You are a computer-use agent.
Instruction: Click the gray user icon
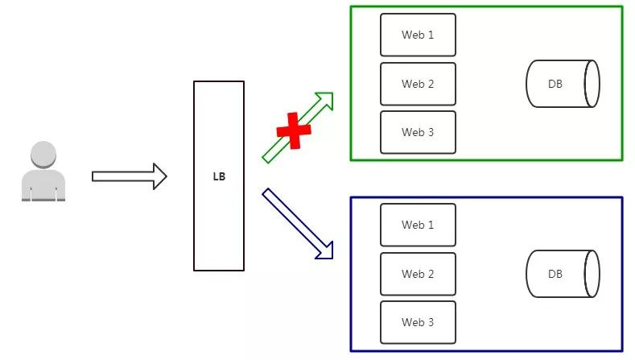pos(43,172)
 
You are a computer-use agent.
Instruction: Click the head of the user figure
pos(43,154)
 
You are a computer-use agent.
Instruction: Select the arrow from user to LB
pos(129,176)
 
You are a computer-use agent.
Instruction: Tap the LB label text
pos(219,176)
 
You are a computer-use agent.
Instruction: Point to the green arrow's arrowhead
pos(325,99)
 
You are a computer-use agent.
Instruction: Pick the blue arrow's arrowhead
pos(324,250)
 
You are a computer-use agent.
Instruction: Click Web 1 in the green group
pos(418,35)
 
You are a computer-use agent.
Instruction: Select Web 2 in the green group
pos(418,84)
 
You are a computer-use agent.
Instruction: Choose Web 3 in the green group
pos(418,132)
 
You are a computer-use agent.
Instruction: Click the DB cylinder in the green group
pos(563,84)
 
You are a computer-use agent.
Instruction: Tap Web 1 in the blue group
pos(418,225)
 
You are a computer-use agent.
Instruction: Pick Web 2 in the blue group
pos(418,274)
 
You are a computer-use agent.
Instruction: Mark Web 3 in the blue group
pos(418,322)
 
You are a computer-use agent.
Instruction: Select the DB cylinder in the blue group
pos(563,274)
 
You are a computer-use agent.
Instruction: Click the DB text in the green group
pos(555,84)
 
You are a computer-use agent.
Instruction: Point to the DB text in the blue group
pos(555,274)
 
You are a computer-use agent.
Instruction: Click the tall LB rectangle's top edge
pos(219,81)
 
